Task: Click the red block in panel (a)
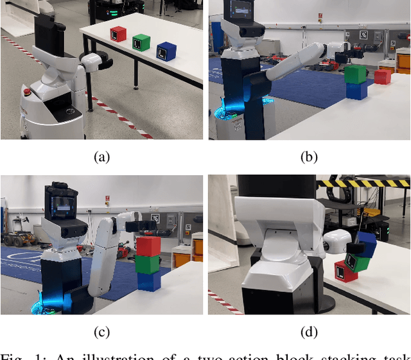tap(118, 34)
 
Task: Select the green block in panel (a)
tap(141, 42)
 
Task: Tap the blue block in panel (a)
tap(167, 51)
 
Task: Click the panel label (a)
tap(101, 156)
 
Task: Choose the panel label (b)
tap(309, 156)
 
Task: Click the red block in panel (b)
tap(383, 76)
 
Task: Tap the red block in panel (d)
tap(345, 271)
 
